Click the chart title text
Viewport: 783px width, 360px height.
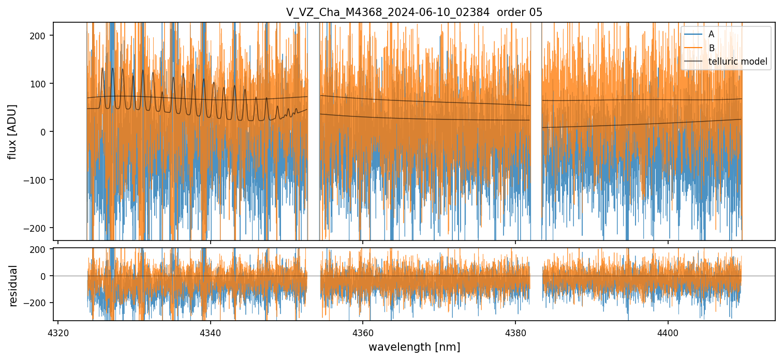pyautogui.click(x=414, y=12)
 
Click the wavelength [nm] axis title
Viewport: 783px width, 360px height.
pyautogui.click(x=414, y=347)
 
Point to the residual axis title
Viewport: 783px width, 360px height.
pyautogui.click(x=13, y=286)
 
